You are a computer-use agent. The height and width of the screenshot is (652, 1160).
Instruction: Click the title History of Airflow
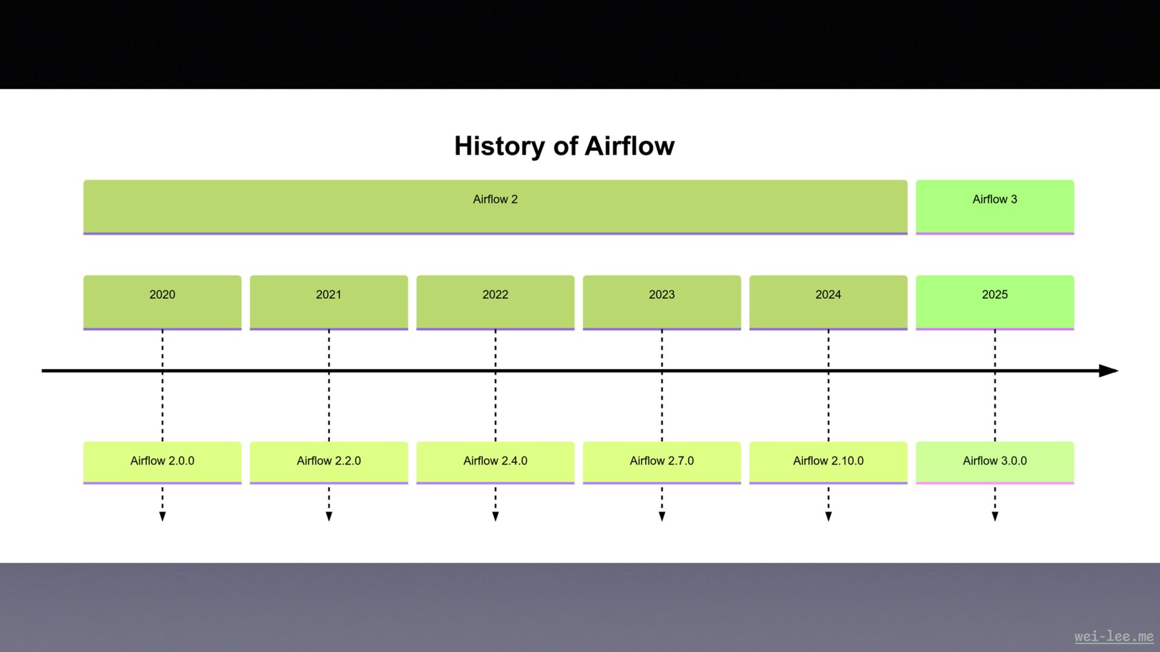pyautogui.click(x=564, y=146)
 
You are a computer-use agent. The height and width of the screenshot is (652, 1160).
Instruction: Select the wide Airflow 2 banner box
pyautogui.click(x=495, y=206)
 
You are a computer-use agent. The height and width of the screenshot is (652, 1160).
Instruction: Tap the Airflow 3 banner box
pyautogui.click(x=994, y=206)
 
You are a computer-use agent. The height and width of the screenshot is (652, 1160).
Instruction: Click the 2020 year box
pyautogui.click(x=162, y=302)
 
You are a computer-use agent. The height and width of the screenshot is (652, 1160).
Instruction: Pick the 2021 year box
pyautogui.click(x=329, y=302)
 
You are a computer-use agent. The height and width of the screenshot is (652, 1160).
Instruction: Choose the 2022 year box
pyautogui.click(x=495, y=302)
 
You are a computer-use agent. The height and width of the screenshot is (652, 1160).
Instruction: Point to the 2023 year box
pyautogui.click(x=662, y=302)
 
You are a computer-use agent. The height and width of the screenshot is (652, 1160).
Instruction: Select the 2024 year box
pyautogui.click(x=828, y=302)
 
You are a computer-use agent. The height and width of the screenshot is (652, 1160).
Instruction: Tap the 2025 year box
pyautogui.click(x=994, y=302)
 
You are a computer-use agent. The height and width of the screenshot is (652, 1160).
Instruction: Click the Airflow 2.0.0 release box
pyautogui.click(x=162, y=462)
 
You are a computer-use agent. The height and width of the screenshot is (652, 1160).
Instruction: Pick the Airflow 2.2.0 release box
pyautogui.click(x=329, y=462)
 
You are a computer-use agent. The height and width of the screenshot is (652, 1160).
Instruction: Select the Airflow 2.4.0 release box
pyautogui.click(x=495, y=462)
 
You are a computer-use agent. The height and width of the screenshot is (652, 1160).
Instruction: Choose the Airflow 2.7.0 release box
pyautogui.click(x=662, y=462)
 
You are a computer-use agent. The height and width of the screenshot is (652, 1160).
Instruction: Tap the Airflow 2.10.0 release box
pyautogui.click(x=828, y=462)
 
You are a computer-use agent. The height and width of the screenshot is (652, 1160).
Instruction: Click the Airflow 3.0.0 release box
pyautogui.click(x=994, y=462)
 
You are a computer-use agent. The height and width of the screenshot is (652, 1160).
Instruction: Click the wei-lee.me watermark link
pyautogui.click(x=1113, y=636)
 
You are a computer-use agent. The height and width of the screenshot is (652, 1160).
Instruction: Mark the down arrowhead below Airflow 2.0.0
pyautogui.click(x=162, y=516)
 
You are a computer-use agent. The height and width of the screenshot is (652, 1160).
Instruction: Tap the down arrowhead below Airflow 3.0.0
pyautogui.click(x=994, y=516)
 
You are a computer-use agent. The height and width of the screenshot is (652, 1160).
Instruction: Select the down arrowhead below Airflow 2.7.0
pyautogui.click(x=662, y=516)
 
